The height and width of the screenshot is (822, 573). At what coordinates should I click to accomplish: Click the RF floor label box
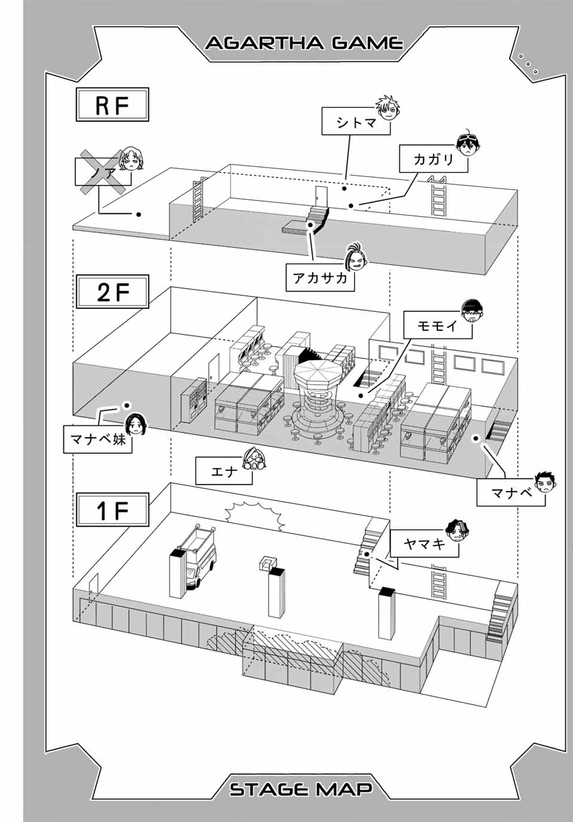[112, 105]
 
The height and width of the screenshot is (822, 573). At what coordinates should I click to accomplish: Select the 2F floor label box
[112, 292]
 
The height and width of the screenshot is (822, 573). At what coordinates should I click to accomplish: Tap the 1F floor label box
[112, 510]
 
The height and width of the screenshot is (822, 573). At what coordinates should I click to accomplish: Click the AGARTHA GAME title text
[304, 44]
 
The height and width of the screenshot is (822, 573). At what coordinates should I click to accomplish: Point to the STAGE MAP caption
[301, 789]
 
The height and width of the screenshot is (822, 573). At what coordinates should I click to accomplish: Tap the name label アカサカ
[320, 277]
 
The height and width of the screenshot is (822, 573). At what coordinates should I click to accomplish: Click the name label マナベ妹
[98, 440]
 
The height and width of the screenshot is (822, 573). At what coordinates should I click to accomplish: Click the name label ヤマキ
[424, 543]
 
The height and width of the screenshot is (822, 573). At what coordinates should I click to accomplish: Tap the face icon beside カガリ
[469, 144]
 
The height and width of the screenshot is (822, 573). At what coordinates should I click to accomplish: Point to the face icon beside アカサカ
[353, 257]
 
